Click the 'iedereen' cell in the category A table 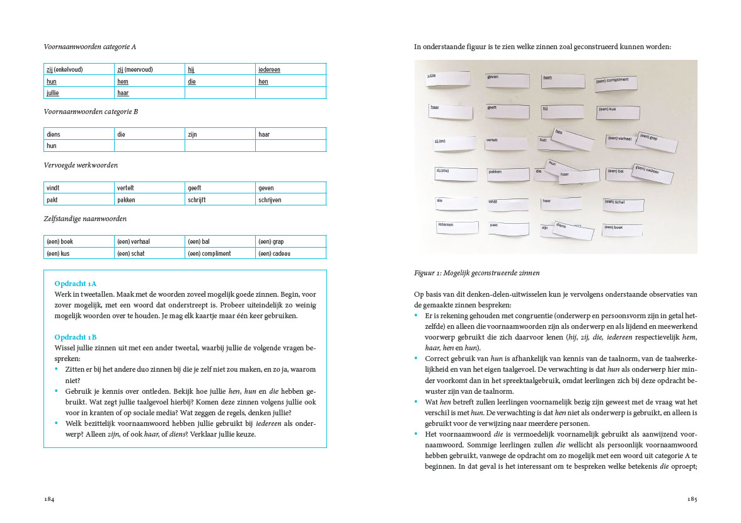pyautogui.click(x=290, y=69)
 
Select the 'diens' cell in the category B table pyautogui.click(x=79, y=134)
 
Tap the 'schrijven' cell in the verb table pyautogui.click(x=290, y=200)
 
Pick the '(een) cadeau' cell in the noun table pyautogui.click(x=290, y=253)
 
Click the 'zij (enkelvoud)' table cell pyautogui.click(x=79, y=69)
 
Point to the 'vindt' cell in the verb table pyautogui.click(x=79, y=188)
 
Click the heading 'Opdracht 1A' pyautogui.click(x=75, y=284)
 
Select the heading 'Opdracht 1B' pyautogui.click(x=75, y=337)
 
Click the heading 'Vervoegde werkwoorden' pyautogui.click(x=80, y=165)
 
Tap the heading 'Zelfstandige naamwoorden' pyautogui.click(x=85, y=219)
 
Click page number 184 pyautogui.click(x=49, y=499)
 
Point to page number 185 pyautogui.click(x=692, y=499)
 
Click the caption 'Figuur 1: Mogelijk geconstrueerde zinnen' pyautogui.click(x=476, y=273)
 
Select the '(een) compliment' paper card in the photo pyautogui.click(x=616, y=83)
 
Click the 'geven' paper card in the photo pyautogui.click(x=505, y=80)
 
